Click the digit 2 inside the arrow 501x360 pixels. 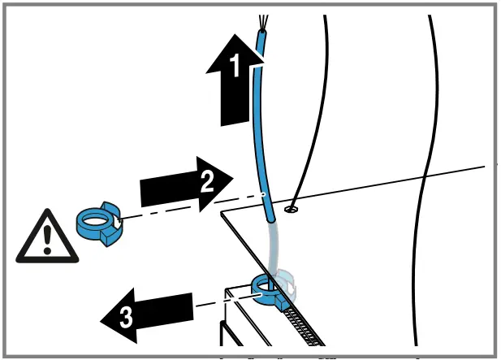(206, 184)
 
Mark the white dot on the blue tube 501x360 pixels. (264, 195)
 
